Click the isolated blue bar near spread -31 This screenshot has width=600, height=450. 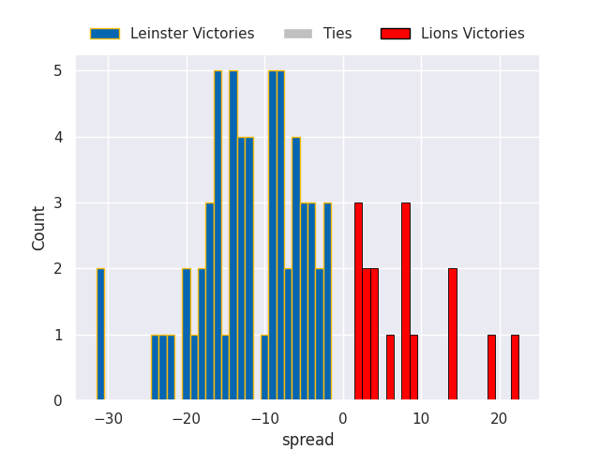(100, 335)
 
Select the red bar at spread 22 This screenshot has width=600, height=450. (515, 367)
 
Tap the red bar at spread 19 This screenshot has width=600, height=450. (491, 367)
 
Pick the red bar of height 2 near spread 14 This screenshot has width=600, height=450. (452, 335)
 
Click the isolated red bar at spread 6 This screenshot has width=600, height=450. (390, 367)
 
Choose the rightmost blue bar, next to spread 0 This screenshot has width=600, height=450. (327, 302)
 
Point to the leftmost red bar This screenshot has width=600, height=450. (358, 302)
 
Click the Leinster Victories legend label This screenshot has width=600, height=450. (192, 34)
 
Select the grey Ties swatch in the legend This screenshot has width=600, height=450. (297, 34)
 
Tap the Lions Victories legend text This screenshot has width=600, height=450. (472, 34)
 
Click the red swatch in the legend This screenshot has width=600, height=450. (396, 34)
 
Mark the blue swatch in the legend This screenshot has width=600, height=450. (105, 34)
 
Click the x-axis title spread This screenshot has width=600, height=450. (307, 440)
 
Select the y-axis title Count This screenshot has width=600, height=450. (39, 228)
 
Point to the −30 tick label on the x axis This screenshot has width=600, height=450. (108, 418)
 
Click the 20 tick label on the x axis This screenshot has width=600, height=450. (500, 418)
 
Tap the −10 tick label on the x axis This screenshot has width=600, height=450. (264, 418)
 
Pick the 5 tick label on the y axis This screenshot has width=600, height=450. (57, 71)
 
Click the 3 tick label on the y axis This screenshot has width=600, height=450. (57, 203)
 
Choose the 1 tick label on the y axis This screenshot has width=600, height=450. (57, 335)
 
